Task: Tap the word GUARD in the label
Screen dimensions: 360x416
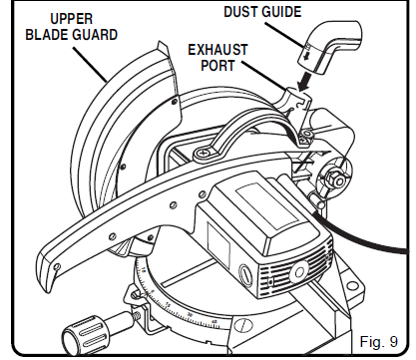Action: click(x=100, y=34)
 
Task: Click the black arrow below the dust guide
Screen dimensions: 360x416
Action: click(x=307, y=83)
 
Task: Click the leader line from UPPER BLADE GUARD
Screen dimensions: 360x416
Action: click(x=95, y=62)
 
